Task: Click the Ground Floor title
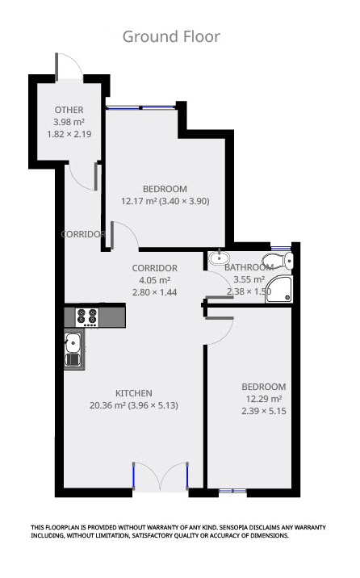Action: [x=171, y=36]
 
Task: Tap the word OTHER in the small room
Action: [x=69, y=110]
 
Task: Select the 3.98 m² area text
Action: [x=69, y=122]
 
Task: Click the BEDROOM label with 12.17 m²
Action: [x=165, y=189]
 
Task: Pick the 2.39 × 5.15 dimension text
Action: [x=265, y=411]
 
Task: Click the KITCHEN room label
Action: [x=133, y=393]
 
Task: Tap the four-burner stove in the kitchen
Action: [x=87, y=316]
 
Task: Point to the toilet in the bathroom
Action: [x=282, y=260]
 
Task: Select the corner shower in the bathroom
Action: [x=279, y=289]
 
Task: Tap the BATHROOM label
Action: [x=248, y=267]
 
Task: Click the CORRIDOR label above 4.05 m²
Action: [x=154, y=268]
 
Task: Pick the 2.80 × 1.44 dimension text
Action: [x=154, y=292]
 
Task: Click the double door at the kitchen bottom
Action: [x=161, y=477]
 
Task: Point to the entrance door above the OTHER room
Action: [x=68, y=67]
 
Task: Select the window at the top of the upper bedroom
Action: [x=142, y=107]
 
